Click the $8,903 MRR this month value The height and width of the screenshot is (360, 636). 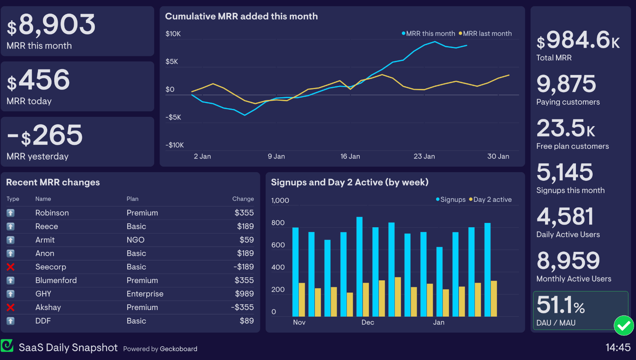[51, 25]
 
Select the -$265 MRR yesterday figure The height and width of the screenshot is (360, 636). [45, 135]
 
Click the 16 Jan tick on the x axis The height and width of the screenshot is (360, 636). [350, 156]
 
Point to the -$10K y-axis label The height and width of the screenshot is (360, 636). [174, 145]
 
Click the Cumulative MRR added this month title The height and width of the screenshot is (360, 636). [241, 16]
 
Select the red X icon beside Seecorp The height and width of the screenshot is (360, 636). [11, 267]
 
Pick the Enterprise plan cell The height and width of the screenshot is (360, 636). [145, 294]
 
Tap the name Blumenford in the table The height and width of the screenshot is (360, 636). [56, 280]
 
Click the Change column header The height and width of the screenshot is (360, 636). [243, 199]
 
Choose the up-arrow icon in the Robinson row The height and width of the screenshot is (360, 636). [11, 213]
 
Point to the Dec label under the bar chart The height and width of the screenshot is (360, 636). [368, 322]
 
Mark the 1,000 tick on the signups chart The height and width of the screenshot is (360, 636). [280, 200]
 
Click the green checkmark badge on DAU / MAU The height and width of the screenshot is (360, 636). [624, 325]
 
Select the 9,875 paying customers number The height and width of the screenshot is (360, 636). [566, 84]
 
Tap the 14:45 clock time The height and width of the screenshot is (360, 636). [618, 347]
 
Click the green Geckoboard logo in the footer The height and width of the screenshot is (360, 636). [7, 346]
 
